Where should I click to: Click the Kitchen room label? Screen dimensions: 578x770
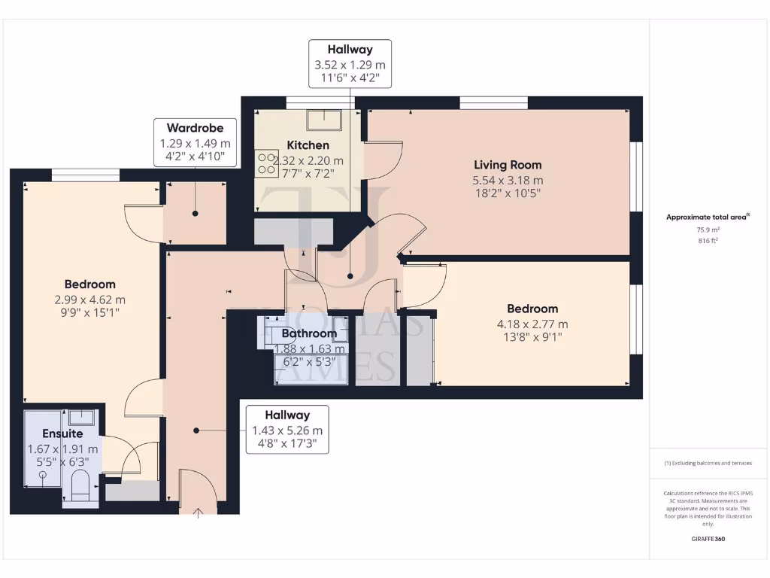[308, 145]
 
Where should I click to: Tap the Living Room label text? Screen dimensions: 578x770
[507, 165]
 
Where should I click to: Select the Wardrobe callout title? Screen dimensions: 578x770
[195, 128]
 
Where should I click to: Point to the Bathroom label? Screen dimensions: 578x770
[309, 333]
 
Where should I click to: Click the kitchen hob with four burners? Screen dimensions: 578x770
[266, 163]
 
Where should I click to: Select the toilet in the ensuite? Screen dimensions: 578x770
[78, 487]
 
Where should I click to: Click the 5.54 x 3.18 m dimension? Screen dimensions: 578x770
[507, 180]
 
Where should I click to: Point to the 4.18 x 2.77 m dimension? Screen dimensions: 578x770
[532, 324]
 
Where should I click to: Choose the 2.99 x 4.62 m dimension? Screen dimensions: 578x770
[90, 299]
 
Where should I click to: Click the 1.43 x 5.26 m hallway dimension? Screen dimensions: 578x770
[286, 430]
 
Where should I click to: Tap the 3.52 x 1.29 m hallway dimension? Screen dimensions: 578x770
[350, 65]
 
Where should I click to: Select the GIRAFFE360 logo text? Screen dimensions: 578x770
[708, 539]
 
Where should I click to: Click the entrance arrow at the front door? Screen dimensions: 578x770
[199, 514]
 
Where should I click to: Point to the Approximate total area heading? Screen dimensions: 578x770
[707, 217]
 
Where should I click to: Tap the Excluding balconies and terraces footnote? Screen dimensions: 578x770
[708, 463]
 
